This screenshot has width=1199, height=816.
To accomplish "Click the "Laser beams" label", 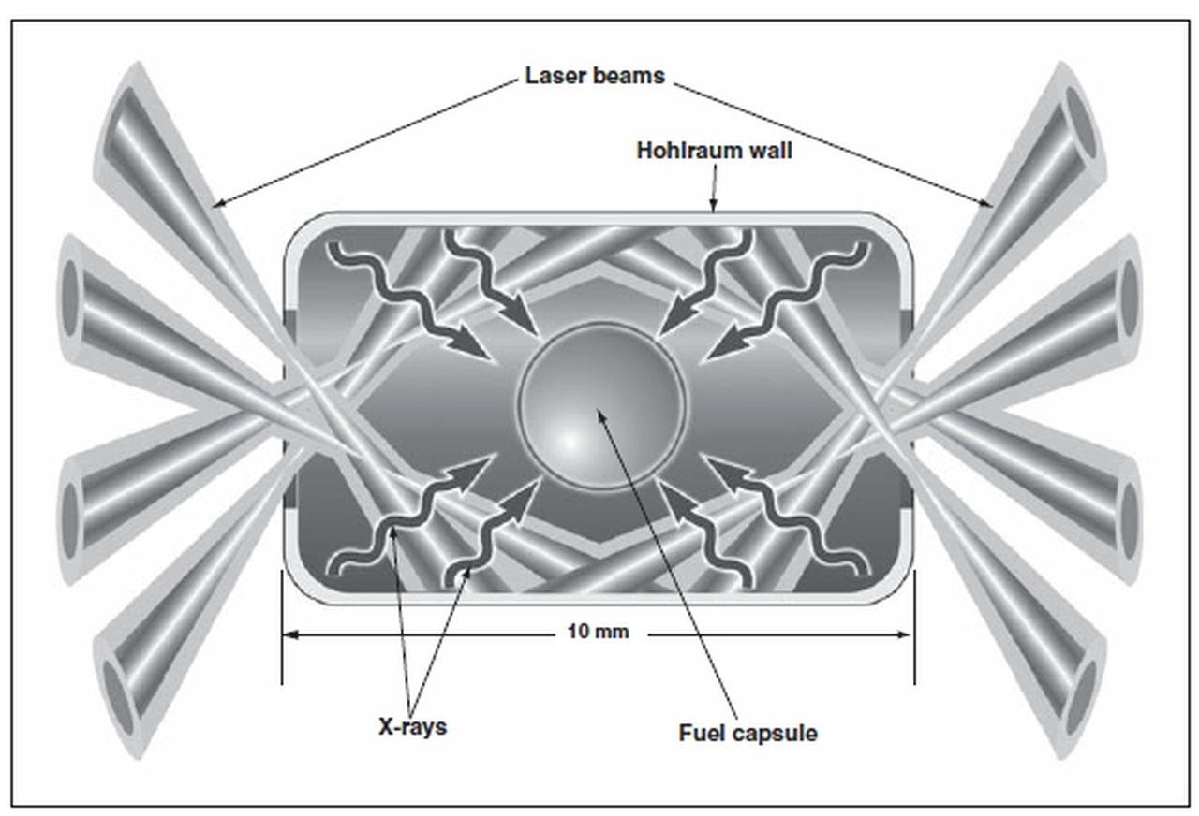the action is tap(595, 76).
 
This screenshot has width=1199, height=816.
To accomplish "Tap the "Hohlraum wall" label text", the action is tap(714, 151).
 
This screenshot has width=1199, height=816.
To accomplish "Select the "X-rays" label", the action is tap(412, 727).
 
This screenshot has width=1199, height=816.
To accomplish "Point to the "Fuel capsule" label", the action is tap(748, 733).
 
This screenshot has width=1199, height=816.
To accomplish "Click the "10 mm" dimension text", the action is tap(598, 632).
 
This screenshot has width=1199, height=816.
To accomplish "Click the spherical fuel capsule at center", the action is tap(601, 406).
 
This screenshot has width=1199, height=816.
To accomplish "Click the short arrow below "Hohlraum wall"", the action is tap(714, 188).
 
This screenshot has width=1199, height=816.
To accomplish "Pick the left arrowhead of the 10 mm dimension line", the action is tap(290, 634).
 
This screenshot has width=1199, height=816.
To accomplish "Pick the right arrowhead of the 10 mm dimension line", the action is tap(905, 634).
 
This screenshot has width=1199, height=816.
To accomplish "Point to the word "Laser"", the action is tap(555, 76).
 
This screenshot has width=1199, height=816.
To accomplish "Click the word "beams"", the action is tap(629, 76).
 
